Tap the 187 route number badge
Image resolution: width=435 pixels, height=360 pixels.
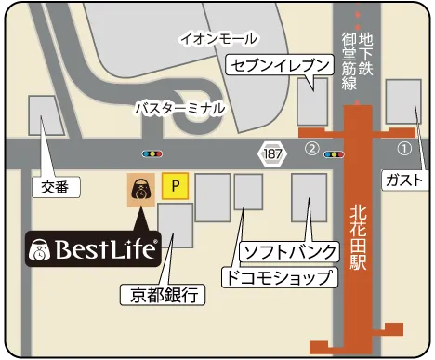coord(270,152)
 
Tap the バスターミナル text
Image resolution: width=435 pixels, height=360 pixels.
coord(179,108)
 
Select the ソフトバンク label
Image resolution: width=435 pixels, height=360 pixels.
coord(283,252)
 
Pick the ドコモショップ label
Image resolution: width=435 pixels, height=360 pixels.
coord(277,277)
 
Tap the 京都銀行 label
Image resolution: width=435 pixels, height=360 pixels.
coord(163,297)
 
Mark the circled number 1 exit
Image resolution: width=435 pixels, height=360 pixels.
coord(403,148)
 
